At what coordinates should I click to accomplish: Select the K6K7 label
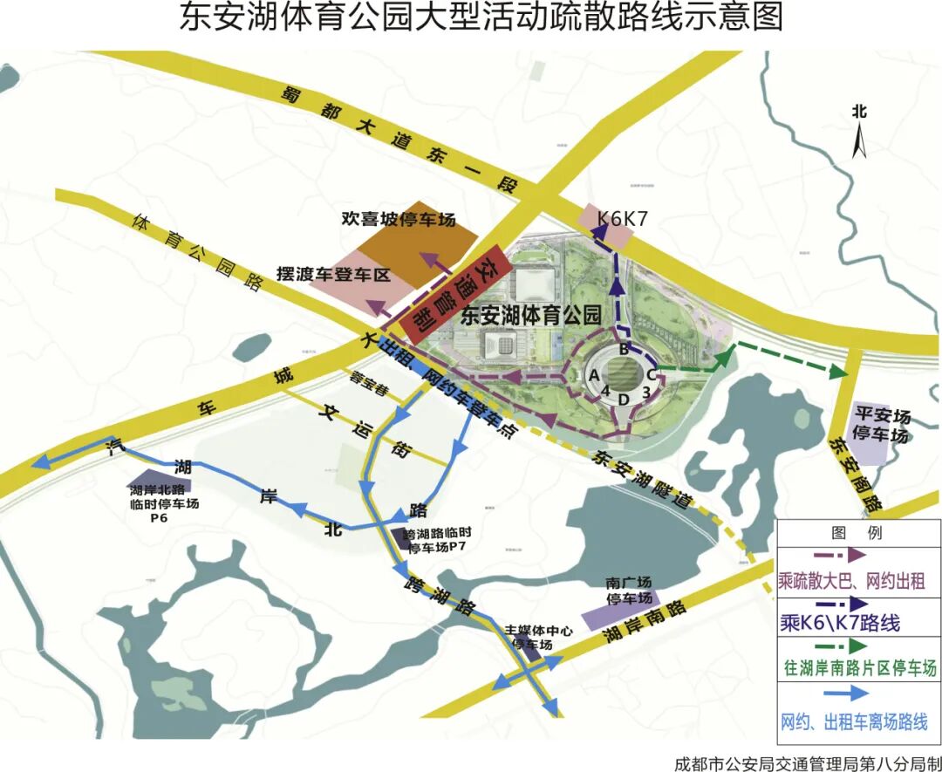click(x=622, y=218)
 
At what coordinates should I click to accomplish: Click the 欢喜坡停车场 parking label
click(x=399, y=219)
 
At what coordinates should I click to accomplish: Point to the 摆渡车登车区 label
click(x=331, y=274)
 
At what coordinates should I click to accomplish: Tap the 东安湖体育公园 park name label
click(x=531, y=315)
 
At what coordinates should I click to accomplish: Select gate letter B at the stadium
click(x=624, y=350)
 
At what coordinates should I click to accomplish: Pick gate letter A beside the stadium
click(x=593, y=374)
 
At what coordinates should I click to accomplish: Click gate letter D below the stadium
click(x=623, y=400)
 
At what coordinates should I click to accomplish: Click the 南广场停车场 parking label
click(x=628, y=591)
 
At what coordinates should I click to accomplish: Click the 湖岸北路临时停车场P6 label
click(x=165, y=503)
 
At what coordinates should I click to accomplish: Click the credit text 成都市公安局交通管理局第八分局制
click(x=807, y=762)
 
